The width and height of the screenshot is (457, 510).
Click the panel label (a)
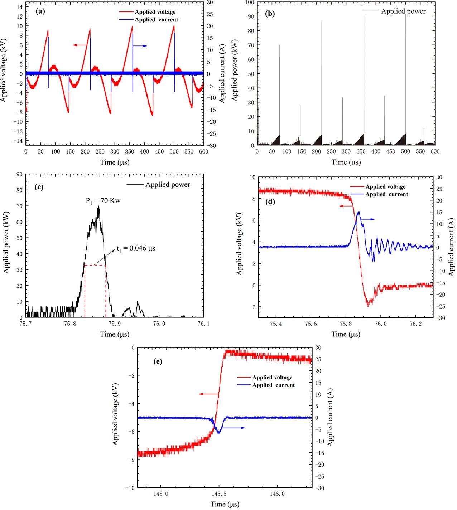40,11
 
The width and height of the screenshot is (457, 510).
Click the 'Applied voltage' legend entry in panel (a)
155,12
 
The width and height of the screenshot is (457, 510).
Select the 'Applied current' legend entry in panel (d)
386,194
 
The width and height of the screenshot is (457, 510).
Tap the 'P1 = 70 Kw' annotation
103,201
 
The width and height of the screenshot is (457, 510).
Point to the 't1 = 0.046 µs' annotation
136,248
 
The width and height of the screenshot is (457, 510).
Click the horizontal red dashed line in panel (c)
95,265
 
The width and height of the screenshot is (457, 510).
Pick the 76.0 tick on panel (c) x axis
159,324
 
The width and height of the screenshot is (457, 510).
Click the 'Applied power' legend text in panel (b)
403,11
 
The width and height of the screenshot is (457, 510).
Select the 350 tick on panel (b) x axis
361,151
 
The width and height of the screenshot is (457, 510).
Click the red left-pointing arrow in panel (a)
80,45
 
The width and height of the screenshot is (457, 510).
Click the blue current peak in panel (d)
359,212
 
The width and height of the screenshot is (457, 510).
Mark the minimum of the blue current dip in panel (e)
219,433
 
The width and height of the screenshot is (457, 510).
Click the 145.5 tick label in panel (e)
219,494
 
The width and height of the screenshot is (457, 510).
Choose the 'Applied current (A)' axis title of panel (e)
330,417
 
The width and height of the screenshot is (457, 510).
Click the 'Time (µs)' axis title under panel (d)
346,334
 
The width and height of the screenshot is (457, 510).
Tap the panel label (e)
158,361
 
